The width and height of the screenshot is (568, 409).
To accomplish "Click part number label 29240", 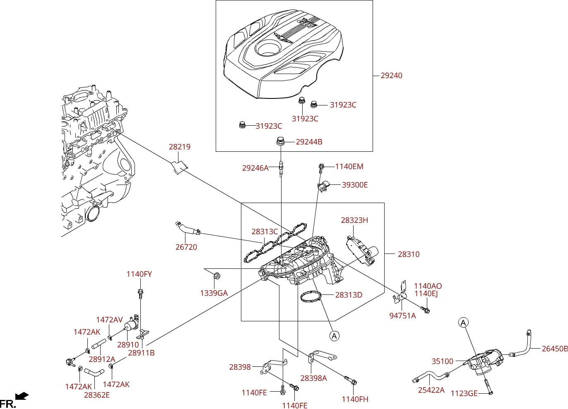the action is click(391, 75).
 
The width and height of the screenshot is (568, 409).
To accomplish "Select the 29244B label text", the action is click(309, 142).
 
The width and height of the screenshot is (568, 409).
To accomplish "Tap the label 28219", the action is click(180, 147).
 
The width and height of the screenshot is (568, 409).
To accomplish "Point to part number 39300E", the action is click(355, 185).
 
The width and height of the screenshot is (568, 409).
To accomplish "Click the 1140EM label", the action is click(349, 166).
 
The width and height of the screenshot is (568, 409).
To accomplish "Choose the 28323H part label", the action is click(354, 220).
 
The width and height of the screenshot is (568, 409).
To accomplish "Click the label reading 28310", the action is click(409, 254).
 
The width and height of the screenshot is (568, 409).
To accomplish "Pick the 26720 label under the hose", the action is click(186, 247).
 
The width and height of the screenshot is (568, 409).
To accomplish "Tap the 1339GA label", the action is click(214, 293).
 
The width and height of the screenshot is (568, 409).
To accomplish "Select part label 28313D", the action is click(349, 295).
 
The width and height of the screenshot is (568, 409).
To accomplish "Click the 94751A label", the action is click(402, 316).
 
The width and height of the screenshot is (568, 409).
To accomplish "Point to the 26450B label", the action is click(555, 349).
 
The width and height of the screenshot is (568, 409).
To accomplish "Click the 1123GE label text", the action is click(464, 393).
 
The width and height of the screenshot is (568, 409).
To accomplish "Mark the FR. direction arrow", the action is click(22, 396).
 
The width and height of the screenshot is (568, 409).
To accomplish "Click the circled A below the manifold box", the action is click(334, 336).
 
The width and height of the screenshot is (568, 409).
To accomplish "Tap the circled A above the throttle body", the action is click(463, 323).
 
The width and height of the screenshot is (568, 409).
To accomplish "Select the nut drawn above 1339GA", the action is click(217, 275).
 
